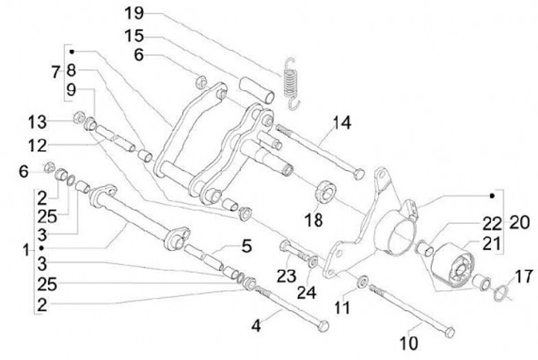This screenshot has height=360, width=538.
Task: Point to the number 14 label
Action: (342, 120)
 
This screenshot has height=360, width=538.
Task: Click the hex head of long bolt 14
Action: (359, 173)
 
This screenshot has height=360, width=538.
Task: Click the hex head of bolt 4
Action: (322, 326)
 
